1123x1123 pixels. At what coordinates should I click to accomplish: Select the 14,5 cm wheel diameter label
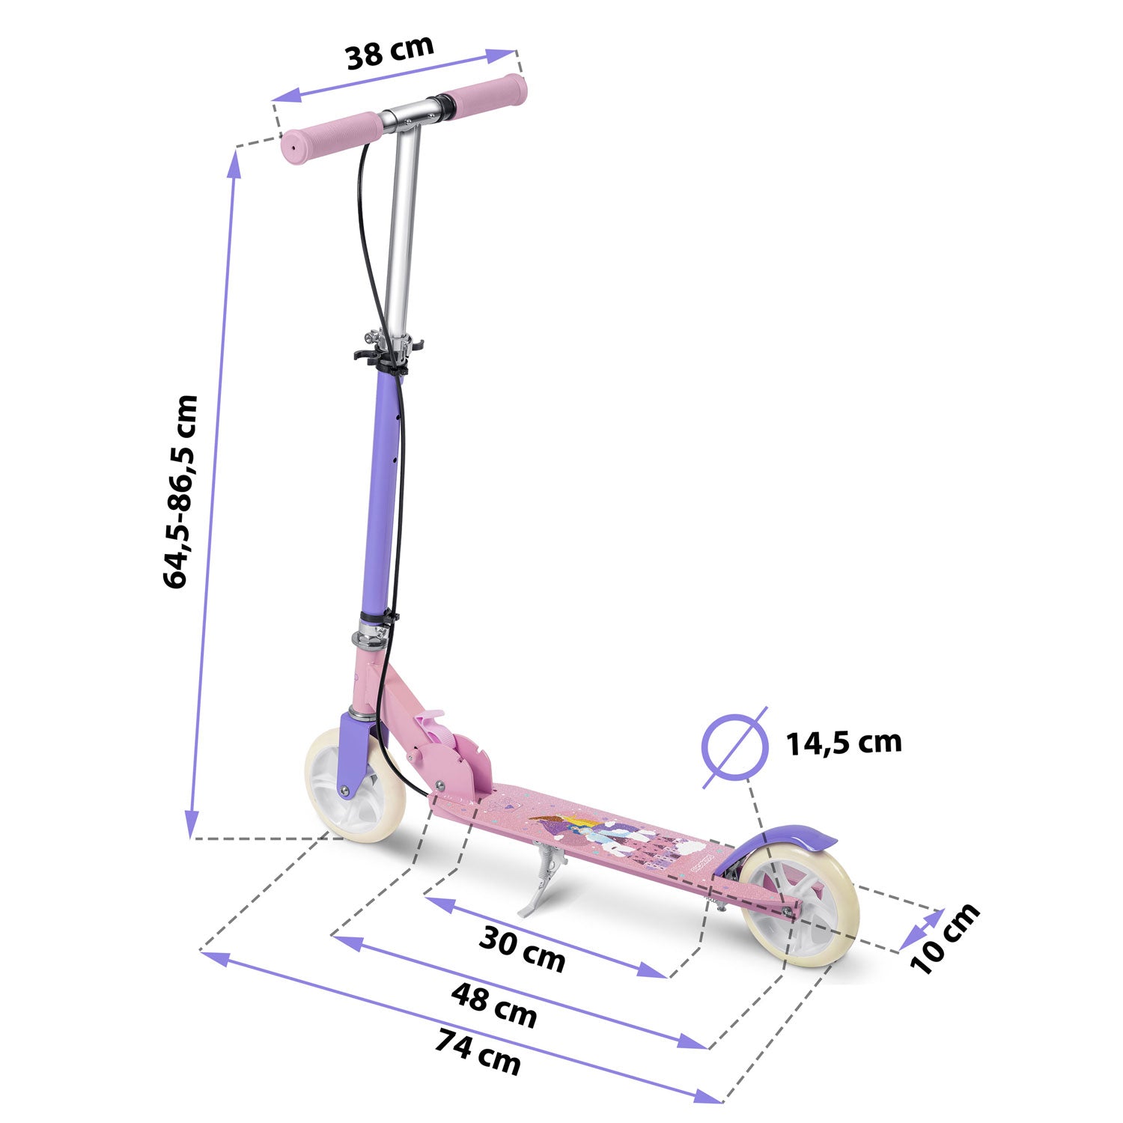(843, 742)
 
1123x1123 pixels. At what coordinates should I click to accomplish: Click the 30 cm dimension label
(522, 949)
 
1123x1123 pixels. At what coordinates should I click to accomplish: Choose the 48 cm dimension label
(494, 1005)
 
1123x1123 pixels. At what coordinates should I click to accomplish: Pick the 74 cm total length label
(478, 1052)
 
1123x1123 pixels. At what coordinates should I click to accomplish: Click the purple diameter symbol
(735, 747)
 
